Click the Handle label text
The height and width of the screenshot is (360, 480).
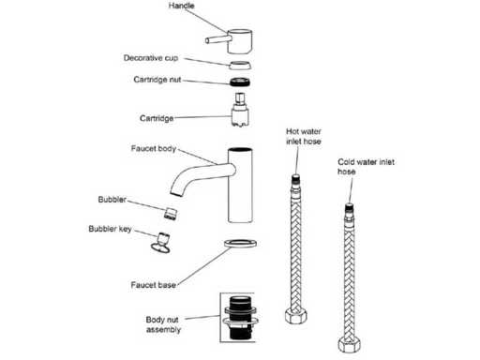tap(181, 6)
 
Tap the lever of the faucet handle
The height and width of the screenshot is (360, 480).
tap(218, 39)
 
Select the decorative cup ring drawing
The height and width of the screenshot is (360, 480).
tap(240, 65)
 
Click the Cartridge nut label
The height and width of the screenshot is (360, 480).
tap(157, 80)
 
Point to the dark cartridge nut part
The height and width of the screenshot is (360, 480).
tap(240, 82)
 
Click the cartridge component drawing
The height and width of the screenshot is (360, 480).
tap(240, 110)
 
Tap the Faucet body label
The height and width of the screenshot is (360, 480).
tap(154, 148)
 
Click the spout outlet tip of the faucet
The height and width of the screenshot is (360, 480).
tap(176, 192)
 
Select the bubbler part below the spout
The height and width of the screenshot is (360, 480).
tap(171, 213)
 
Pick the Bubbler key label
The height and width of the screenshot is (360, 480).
tap(110, 229)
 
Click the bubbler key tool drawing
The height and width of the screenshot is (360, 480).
tap(161, 243)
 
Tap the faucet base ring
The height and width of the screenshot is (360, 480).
tap(241, 243)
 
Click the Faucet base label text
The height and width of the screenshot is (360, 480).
tap(153, 285)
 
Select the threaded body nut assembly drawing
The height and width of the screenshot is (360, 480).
tap(241, 318)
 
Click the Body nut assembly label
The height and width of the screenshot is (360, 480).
tap(163, 324)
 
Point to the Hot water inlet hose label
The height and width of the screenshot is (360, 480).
tap(304, 136)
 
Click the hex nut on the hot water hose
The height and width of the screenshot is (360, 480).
tap(295, 316)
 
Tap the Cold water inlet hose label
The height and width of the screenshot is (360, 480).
tap(366, 167)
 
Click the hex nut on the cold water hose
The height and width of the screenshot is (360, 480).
tap(350, 345)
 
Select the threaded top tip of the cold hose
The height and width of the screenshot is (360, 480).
tap(350, 207)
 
